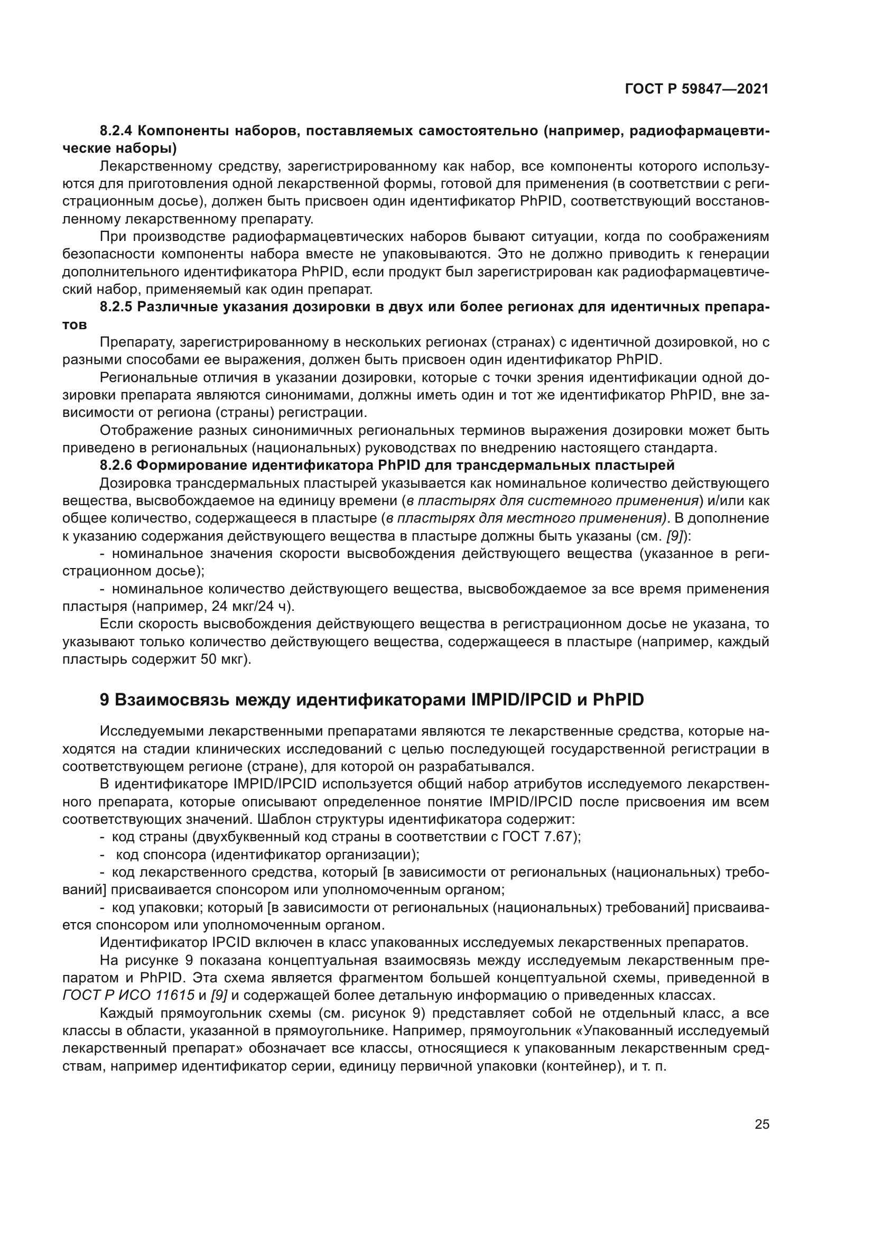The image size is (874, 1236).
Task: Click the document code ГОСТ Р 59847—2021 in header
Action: pyautogui.click(x=696, y=89)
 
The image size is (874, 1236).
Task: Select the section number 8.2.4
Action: pyautogui.click(x=117, y=131)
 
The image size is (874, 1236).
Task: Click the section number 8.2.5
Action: pyautogui.click(x=117, y=308)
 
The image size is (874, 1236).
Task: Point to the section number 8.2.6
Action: pyautogui.click(x=117, y=465)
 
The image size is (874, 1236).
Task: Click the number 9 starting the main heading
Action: pyautogui.click(x=105, y=700)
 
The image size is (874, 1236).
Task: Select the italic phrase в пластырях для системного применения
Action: pyautogui.click(x=552, y=500)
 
